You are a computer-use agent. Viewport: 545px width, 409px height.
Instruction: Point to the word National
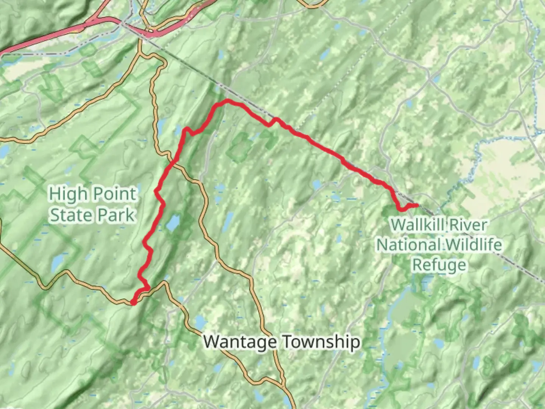click(405, 244)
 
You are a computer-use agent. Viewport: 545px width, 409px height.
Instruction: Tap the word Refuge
click(439, 264)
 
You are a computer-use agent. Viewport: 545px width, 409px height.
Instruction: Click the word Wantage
click(240, 342)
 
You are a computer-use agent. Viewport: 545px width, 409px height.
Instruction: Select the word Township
click(321, 342)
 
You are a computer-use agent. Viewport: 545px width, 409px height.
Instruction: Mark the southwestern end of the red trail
click(133, 302)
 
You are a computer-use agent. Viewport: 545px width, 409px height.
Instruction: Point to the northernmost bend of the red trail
click(227, 101)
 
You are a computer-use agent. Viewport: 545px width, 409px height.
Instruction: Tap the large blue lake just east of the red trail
click(173, 223)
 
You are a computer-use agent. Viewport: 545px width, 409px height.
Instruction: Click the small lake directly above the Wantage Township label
click(199, 323)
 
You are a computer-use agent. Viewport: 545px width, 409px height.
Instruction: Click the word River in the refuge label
click(469, 225)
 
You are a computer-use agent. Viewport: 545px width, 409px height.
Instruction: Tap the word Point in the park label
click(114, 194)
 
